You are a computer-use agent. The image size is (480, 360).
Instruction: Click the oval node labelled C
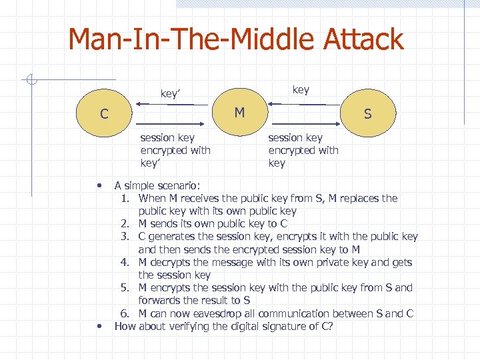coord(104,114)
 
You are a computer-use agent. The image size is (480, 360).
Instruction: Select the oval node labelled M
coord(239,113)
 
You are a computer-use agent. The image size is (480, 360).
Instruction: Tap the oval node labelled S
coord(367,114)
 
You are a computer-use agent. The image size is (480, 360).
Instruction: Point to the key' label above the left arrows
coord(171,94)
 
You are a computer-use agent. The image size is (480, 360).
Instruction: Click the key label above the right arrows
coord(301,90)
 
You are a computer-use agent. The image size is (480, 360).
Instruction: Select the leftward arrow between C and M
coord(163,105)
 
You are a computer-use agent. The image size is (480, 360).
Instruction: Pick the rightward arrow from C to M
coord(175,124)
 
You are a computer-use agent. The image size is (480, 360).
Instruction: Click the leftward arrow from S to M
coord(297,105)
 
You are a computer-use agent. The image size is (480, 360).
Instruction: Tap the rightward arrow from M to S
coord(307,124)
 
